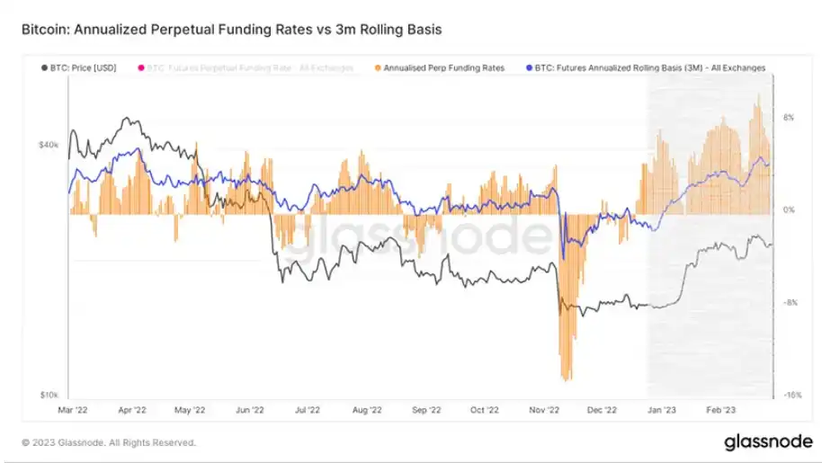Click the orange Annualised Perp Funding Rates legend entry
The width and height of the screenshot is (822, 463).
(443, 67)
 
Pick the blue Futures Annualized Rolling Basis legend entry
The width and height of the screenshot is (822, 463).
(648, 67)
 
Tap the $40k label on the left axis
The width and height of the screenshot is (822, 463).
(48, 144)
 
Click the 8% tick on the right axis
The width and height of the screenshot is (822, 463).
(788, 117)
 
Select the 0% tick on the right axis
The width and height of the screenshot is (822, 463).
(788, 210)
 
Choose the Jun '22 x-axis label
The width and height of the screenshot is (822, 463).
(250, 410)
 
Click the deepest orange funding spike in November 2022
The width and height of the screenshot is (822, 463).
(567, 378)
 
